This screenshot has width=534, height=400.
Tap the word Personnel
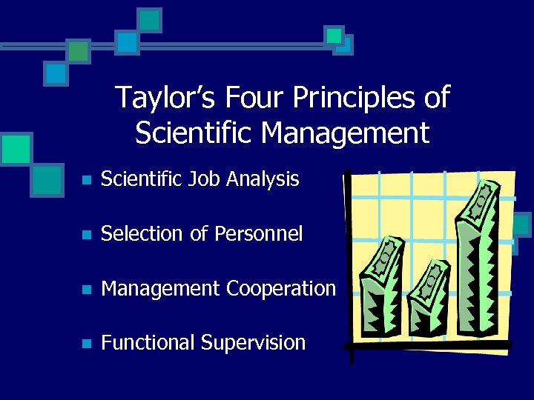(x=258, y=234)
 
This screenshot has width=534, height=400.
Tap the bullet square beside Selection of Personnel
(x=87, y=236)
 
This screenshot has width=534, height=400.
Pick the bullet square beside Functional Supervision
(x=87, y=344)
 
